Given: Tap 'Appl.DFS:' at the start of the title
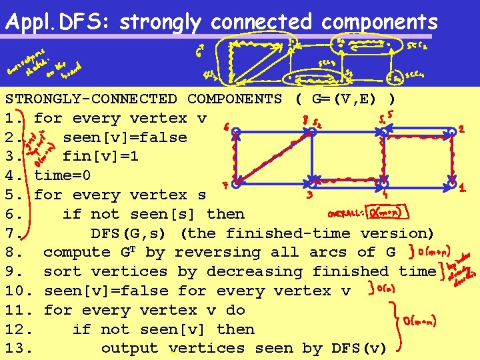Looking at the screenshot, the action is point(59,22).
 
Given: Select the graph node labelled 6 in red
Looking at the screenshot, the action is point(236,131).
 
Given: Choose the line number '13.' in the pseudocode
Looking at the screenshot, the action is point(20,348).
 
